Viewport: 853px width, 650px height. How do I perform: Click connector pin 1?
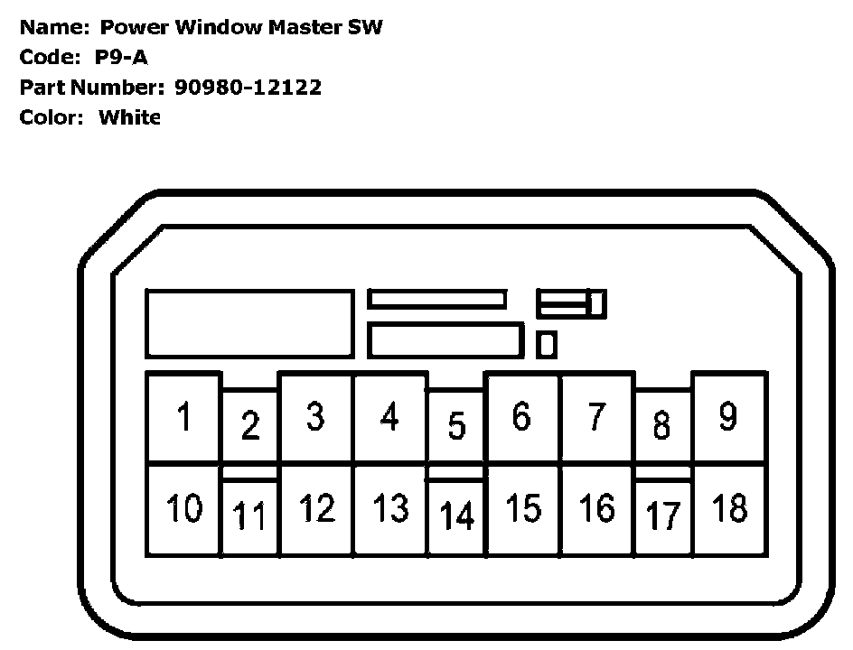pos(183,418)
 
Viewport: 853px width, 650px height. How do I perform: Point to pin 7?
pos(596,417)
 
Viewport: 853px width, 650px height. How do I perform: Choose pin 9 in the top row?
pos(728,417)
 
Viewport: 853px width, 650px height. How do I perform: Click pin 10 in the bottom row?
pos(183,509)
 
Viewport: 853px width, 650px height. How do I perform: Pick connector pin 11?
pos(250,517)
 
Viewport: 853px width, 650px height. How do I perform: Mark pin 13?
pos(390,509)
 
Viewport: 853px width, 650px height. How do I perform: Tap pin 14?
pos(456,517)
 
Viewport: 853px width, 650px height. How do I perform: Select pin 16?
pos(596,509)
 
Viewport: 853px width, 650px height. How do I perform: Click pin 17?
pos(663,517)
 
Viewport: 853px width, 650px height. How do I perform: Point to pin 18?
pos(729,509)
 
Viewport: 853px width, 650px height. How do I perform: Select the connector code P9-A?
pos(121,58)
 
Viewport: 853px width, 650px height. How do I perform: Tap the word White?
pos(129,117)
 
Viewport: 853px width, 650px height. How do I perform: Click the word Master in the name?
pos(307,27)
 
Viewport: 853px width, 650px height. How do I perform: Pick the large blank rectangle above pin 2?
pos(249,323)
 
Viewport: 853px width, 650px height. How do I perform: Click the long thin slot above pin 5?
pos(436,299)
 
